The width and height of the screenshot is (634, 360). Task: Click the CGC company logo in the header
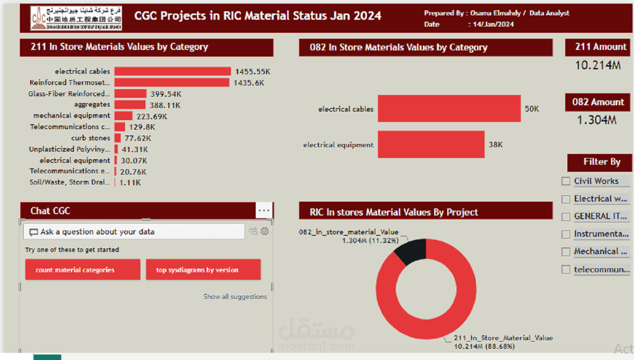click(x=76, y=18)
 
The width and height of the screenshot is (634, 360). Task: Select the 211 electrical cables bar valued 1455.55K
click(x=172, y=72)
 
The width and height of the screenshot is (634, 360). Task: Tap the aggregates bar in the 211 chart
click(x=130, y=105)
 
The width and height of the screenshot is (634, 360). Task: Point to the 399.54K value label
click(x=166, y=94)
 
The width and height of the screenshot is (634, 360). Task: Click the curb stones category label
click(x=91, y=138)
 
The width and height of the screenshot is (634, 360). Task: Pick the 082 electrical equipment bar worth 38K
click(x=431, y=144)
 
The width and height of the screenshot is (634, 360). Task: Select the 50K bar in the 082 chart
click(x=449, y=108)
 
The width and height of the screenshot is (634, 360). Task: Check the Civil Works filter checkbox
click(x=566, y=181)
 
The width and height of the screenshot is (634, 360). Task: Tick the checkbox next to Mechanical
click(x=566, y=252)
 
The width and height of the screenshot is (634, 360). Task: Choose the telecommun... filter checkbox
click(x=566, y=270)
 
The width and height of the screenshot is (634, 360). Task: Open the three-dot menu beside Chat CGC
click(x=264, y=211)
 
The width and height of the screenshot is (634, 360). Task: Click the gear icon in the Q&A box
click(x=265, y=231)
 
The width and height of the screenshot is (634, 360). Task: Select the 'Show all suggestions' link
click(x=235, y=297)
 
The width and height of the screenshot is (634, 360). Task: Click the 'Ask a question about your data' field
click(x=134, y=232)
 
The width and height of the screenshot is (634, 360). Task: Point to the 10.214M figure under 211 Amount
click(x=598, y=65)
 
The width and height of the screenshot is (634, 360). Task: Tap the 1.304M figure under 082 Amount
click(x=597, y=120)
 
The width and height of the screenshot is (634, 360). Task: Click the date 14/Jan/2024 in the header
click(x=493, y=24)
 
